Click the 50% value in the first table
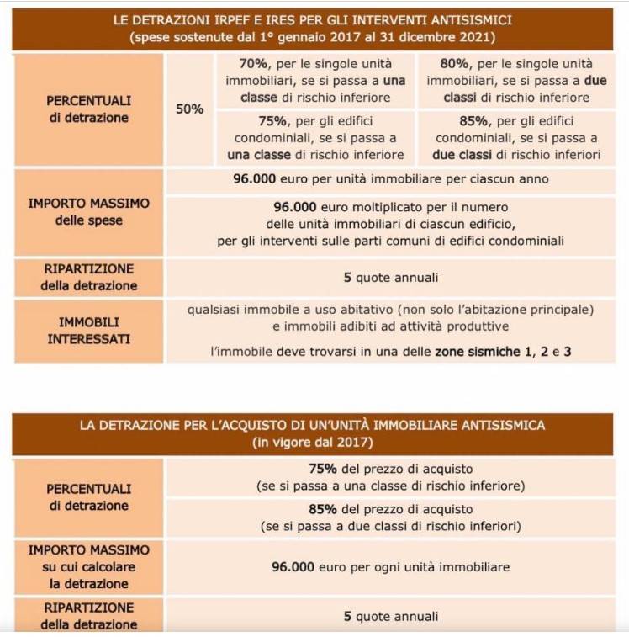(189, 109)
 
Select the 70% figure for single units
(240, 64)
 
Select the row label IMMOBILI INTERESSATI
(88, 330)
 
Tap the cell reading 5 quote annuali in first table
(390, 278)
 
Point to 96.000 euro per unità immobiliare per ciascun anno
(390, 179)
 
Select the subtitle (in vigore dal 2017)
(312, 441)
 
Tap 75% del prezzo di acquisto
(390, 469)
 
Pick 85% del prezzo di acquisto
(390, 510)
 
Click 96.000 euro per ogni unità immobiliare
(390, 567)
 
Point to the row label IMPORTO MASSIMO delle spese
(88, 212)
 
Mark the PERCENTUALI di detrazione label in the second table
(88, 497)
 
